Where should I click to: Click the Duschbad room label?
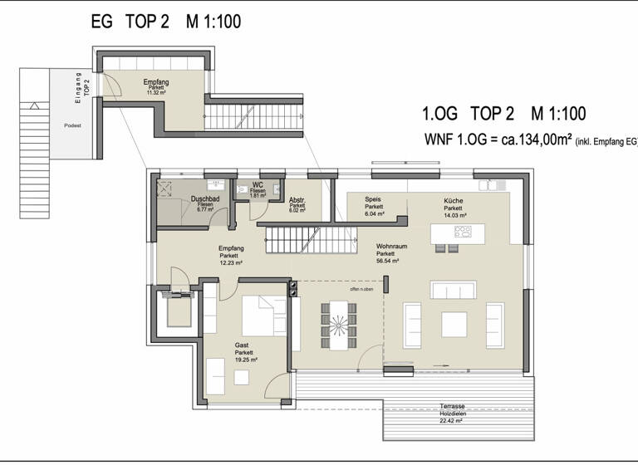pos(204,199)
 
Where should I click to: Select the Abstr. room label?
pos(297,200)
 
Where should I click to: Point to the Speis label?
pos(373,200)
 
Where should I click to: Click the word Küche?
pos(454,200)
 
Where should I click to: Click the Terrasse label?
pos(452,406)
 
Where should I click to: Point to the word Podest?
pos(71,127)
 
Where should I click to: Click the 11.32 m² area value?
pos(156,93)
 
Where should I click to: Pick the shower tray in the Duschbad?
pos(169,188)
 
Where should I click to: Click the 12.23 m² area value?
pos(231,263)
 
